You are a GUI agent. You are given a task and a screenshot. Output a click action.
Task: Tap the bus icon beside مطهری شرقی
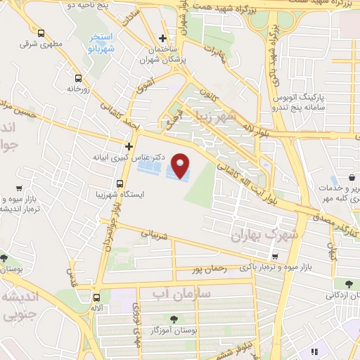click(41, 33)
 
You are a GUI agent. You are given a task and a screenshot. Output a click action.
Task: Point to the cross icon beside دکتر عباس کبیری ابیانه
click(129, 146)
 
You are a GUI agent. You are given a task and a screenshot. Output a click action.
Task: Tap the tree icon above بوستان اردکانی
click(346, 283)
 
